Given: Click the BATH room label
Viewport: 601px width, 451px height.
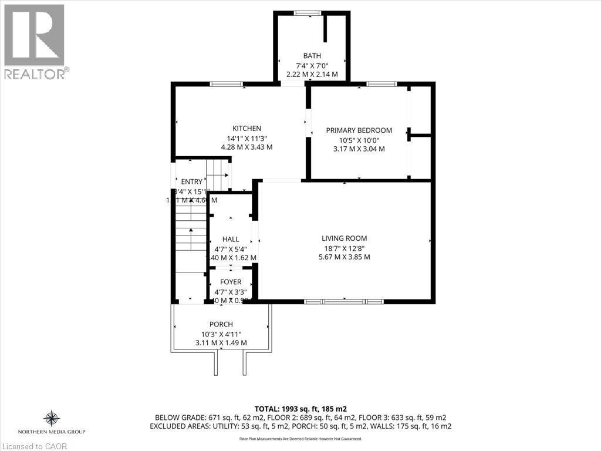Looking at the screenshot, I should click(x=312, y=56).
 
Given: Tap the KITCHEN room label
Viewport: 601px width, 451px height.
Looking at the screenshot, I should click(x=247, y=129).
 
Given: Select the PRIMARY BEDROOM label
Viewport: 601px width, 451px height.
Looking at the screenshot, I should click(x=359, y=130).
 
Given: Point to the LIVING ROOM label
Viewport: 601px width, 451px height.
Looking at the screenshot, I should click(x=344, y=238).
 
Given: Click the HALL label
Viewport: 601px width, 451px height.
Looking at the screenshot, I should click(x=231, y=239).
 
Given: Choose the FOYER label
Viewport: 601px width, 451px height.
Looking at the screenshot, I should click(x=231, y=282).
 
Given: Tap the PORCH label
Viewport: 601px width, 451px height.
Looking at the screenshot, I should click(x=221, y=324).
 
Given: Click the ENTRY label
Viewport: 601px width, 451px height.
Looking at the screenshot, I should click(x=191, y=181).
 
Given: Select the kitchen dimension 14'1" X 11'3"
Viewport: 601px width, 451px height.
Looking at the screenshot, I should click(x=247, y=139).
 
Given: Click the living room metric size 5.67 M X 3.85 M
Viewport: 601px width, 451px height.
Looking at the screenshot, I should click(x=344, y=257).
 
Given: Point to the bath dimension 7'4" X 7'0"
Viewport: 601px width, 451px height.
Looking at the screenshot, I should click(x=312, y=65).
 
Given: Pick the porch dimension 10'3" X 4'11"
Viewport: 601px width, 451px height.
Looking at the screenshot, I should click(x=221, y=334).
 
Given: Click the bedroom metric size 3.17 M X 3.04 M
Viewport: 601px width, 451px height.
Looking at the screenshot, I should click(x=359, y=149).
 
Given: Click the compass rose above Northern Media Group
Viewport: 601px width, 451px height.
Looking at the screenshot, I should click(x=52, y=418).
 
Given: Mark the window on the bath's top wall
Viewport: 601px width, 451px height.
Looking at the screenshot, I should click(x=307, y=13).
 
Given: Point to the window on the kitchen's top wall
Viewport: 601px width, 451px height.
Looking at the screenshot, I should click(x=227, y=84).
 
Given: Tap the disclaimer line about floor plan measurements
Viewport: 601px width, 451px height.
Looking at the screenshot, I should click(x=300, y=439).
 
